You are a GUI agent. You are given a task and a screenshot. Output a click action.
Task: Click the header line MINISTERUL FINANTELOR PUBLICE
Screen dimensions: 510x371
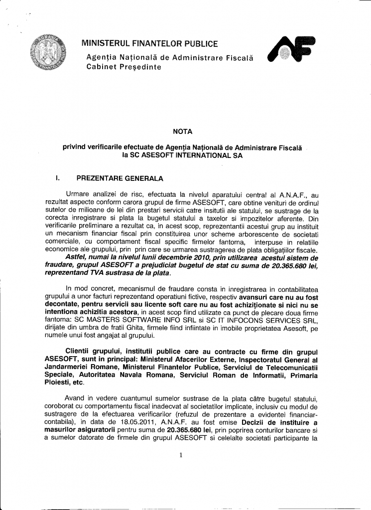[149, 44]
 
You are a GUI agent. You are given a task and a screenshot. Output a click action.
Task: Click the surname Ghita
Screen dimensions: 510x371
[134, 328]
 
